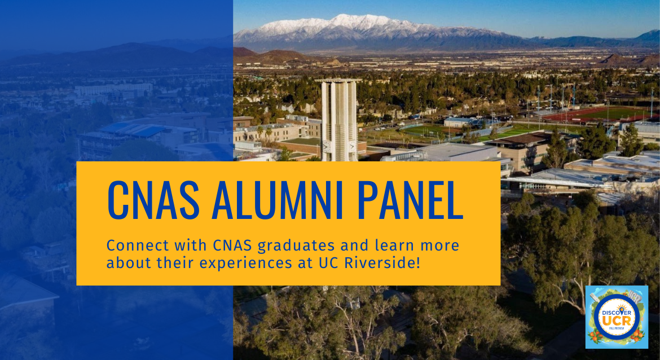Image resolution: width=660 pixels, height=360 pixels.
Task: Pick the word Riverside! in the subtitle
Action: tap(382, 263)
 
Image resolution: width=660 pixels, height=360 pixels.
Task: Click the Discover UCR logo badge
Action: tap(617, 317)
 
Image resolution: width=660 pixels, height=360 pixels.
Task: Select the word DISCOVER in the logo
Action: tap(617, 313)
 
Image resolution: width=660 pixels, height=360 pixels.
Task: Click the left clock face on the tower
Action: tap(326, 147)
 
